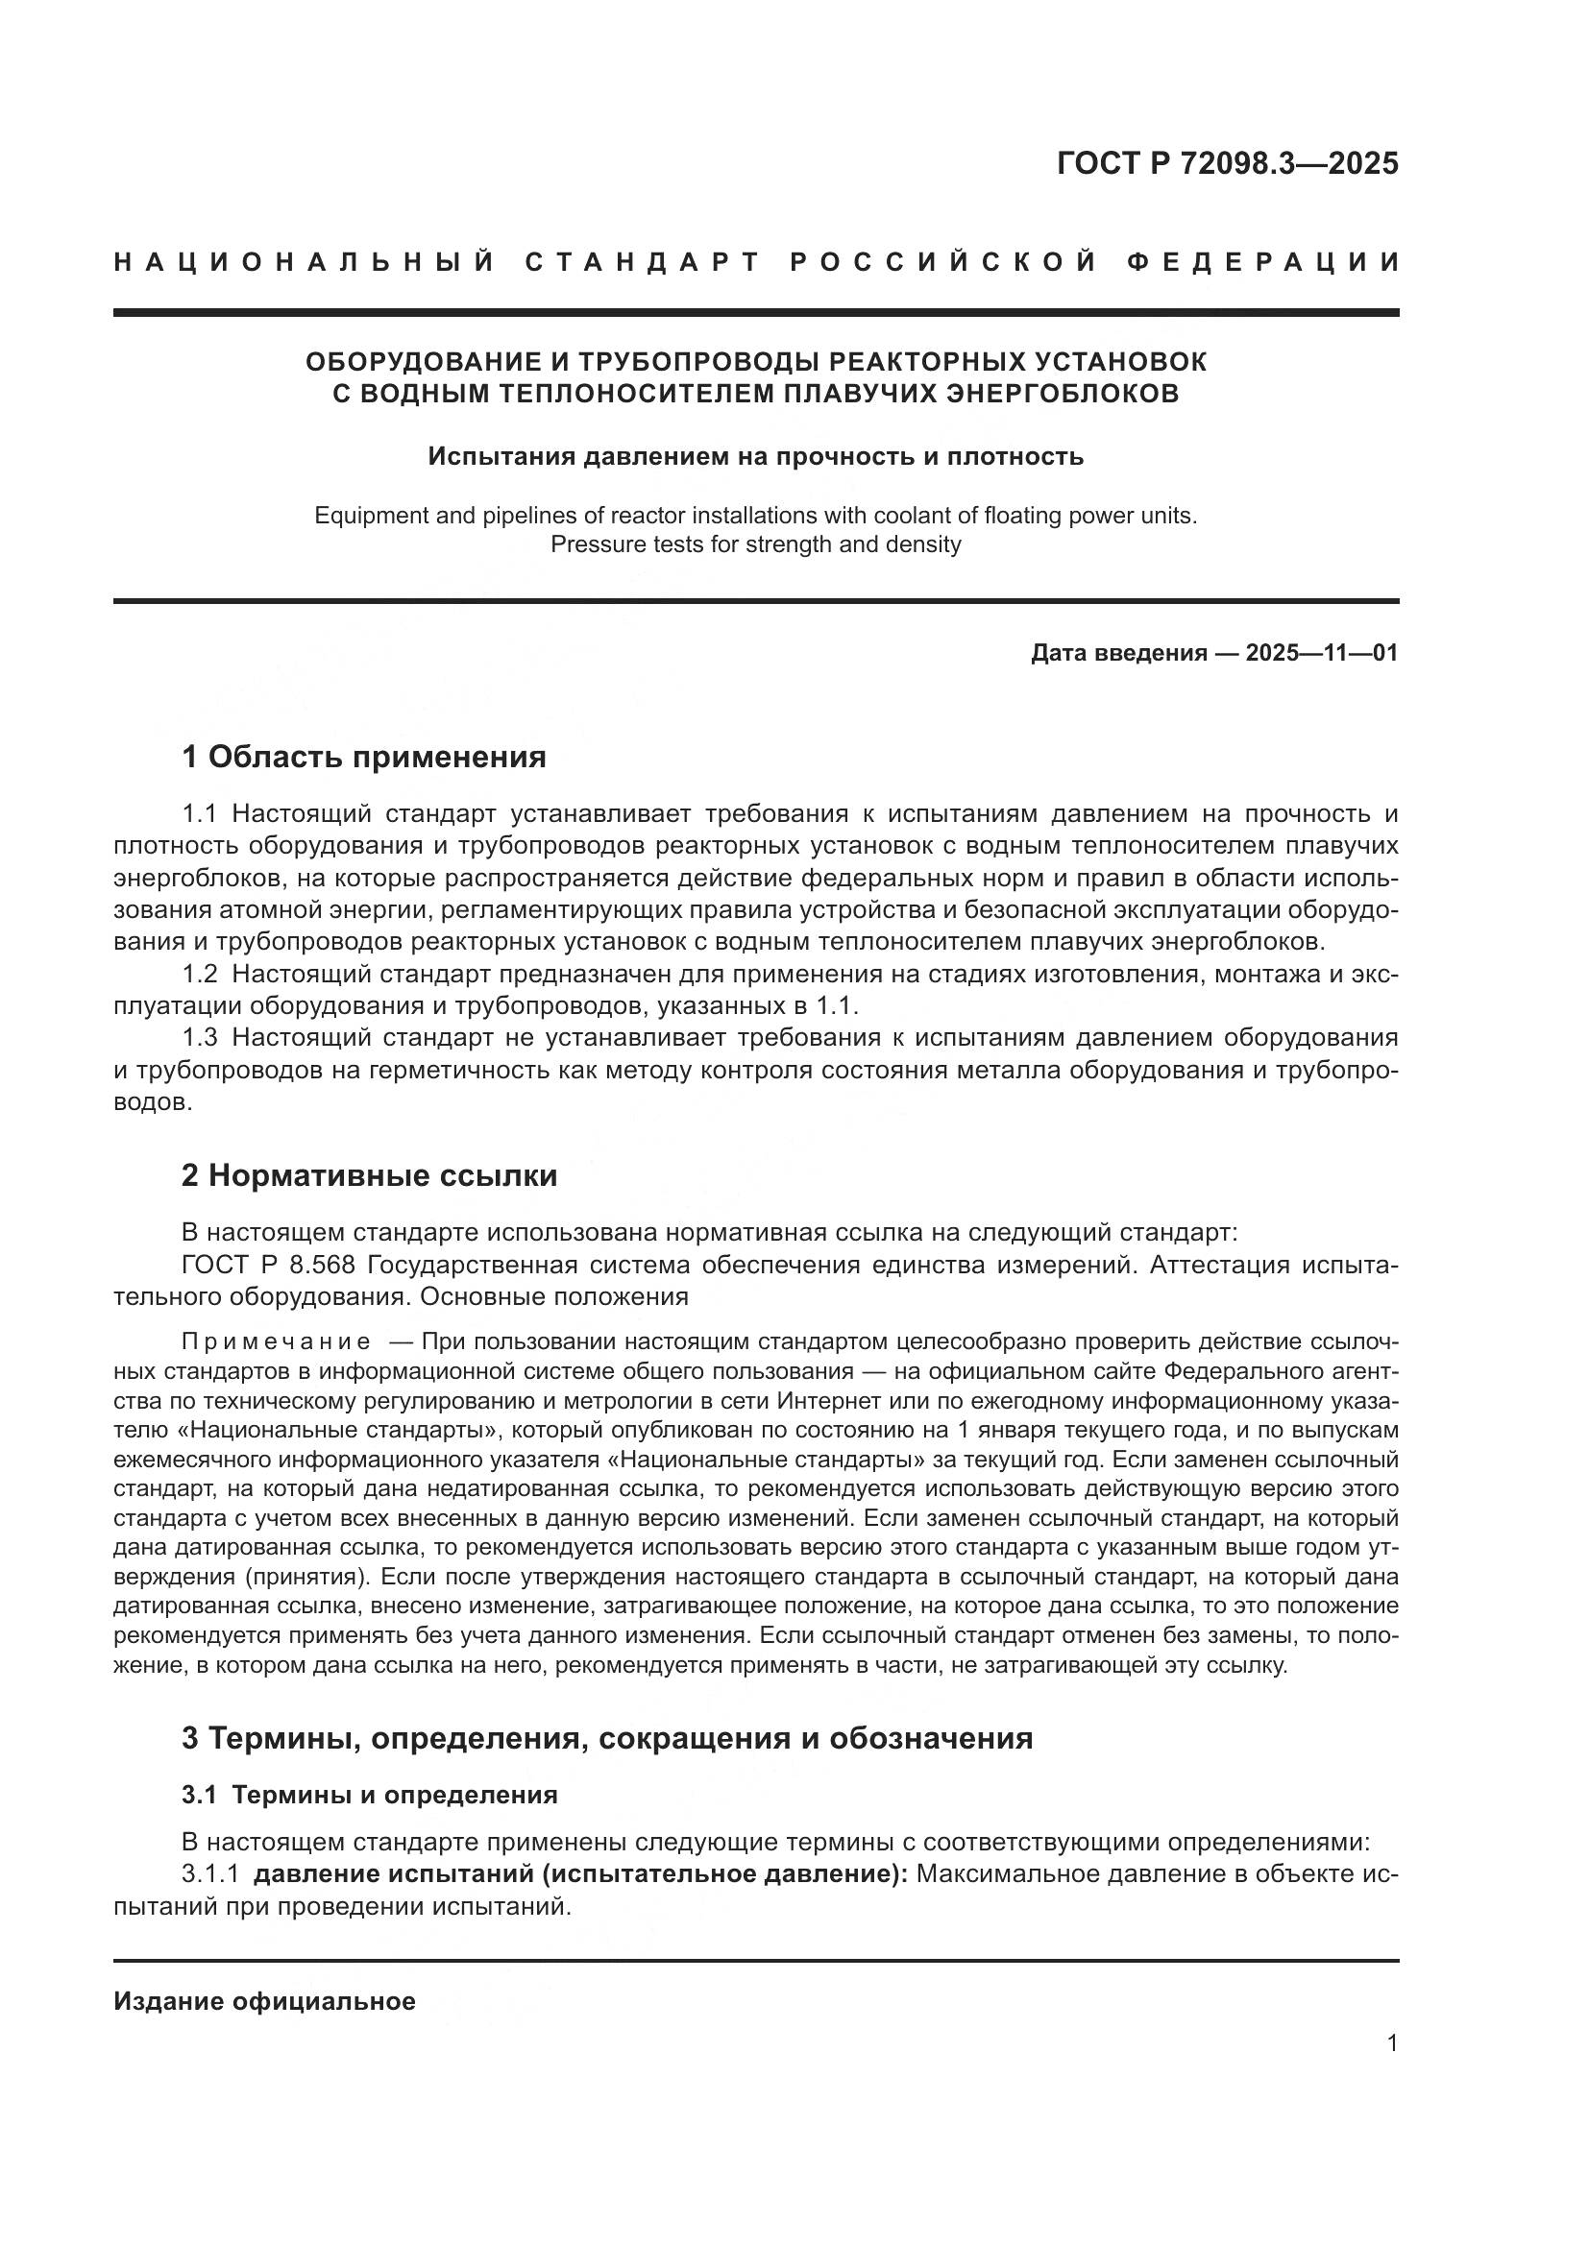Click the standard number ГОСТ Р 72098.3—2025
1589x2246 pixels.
(x=1227, y=163)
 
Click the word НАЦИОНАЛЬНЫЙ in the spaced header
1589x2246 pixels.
(x=305, y=262)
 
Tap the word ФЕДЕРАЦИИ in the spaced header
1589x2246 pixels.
(x=1262, y=262)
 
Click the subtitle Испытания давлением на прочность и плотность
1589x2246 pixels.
(x=755, y=457)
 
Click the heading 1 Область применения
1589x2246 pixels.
(x=363, y=757)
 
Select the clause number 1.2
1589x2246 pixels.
(x=200, y=975)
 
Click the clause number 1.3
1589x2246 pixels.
(x=200, y=1038)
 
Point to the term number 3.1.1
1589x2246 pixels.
(x=210, y=1875)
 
